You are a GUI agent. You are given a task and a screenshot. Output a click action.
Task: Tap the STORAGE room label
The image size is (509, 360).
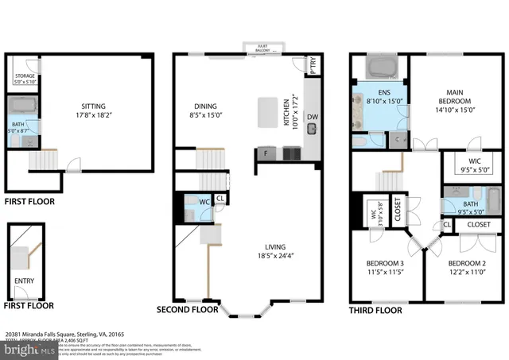click(25, 76)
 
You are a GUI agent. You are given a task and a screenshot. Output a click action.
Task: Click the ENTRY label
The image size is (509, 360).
click(25, 281)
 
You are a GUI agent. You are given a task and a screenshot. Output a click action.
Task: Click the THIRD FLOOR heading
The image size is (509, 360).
click(376, 309)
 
